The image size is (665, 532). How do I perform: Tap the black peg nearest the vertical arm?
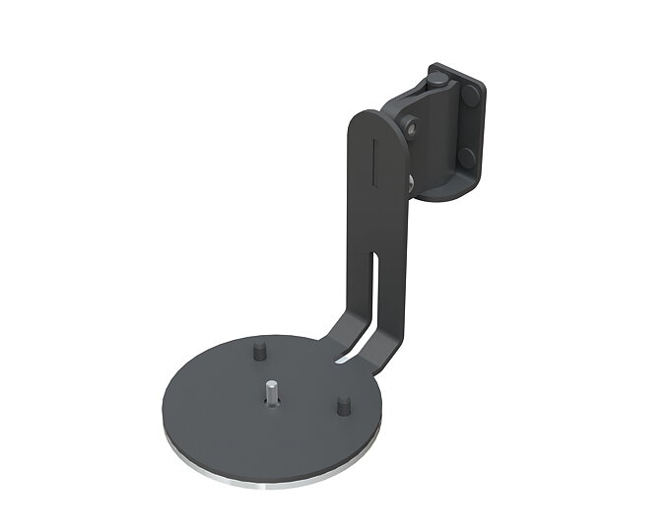[344, 404]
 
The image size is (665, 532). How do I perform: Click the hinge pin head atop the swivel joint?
[435, 76]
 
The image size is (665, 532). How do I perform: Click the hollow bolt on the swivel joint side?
[408, 125]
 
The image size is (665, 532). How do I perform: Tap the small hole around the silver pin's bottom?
[272, 401]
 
